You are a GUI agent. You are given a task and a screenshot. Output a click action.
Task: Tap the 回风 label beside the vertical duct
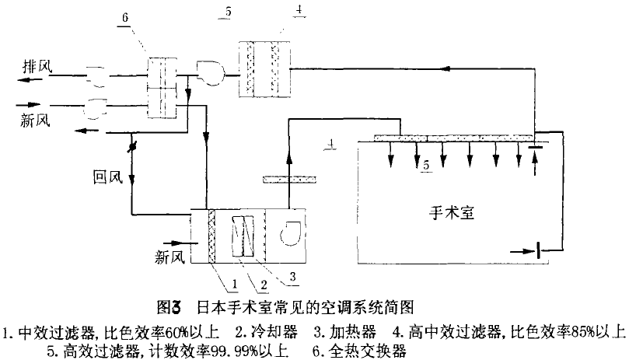point(103,178)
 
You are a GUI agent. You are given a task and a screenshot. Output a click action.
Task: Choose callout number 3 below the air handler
point(293,275)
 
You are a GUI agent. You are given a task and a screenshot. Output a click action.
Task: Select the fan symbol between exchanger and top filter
point(209,72)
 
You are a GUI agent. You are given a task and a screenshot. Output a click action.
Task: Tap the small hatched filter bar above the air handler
point(287,180)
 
